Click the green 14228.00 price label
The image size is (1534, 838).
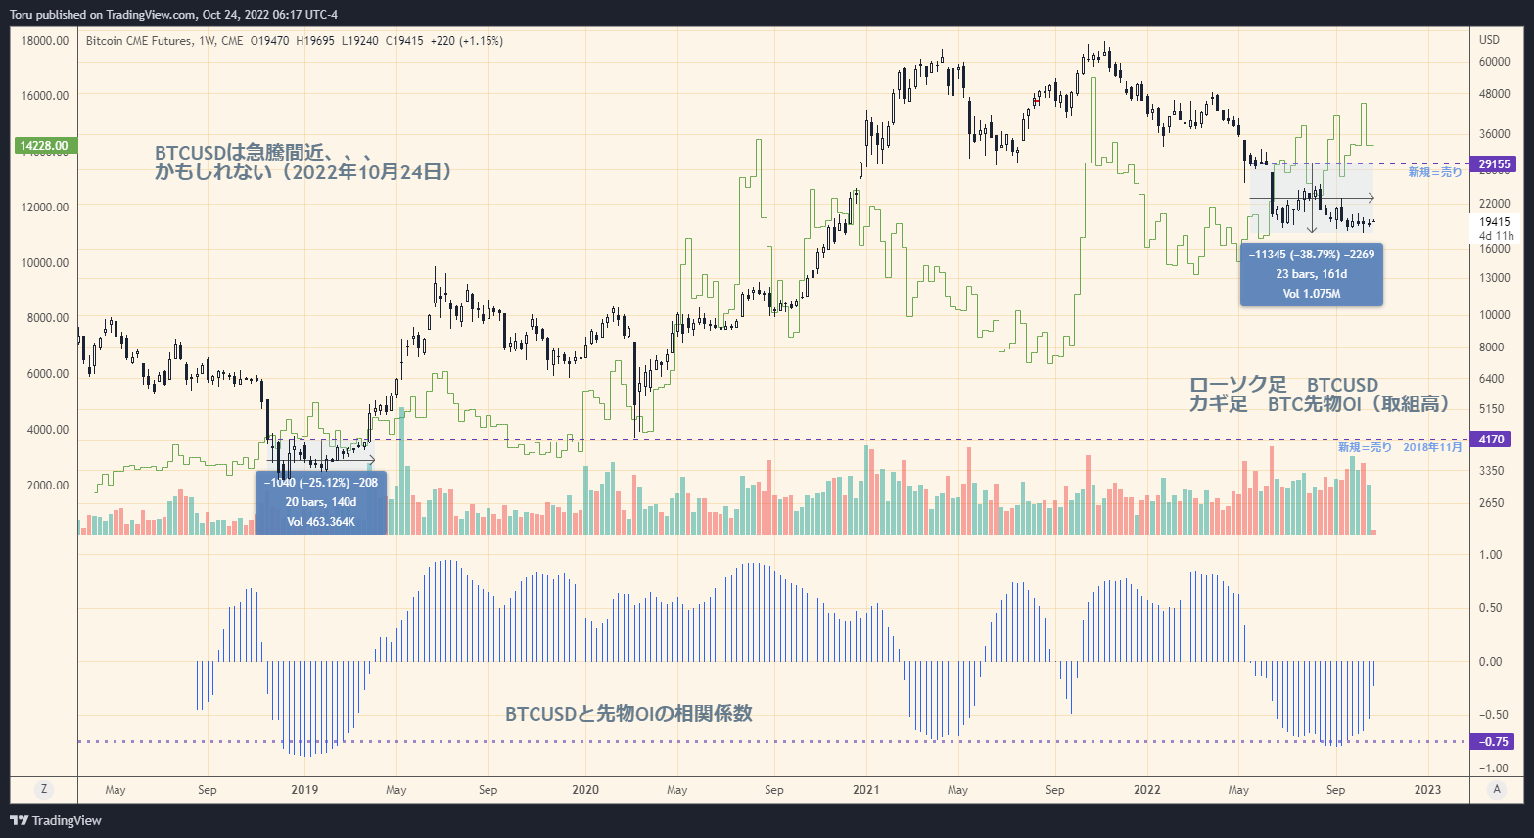(45, 146)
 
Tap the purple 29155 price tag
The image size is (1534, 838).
(1494, 164)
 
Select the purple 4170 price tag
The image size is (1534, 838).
(1492, 440)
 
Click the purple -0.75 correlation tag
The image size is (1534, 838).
(1493, 742)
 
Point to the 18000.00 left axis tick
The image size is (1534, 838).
(45, 41)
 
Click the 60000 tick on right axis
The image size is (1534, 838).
(1494, 62)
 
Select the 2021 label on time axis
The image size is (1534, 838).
(865, 790)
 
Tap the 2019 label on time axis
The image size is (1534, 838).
(304, 790)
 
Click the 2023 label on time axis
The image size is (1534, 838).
(1427, 790)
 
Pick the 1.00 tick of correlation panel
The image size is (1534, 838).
(1490, 555)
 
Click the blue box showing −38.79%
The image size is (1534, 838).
(1311, 274)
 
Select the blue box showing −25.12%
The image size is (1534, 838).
(321, 502)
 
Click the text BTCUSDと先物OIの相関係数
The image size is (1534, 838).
(628, 714)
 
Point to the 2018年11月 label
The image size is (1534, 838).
(1432, 447)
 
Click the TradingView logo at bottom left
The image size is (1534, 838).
(56, 821)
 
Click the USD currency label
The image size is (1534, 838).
(1489, 40)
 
